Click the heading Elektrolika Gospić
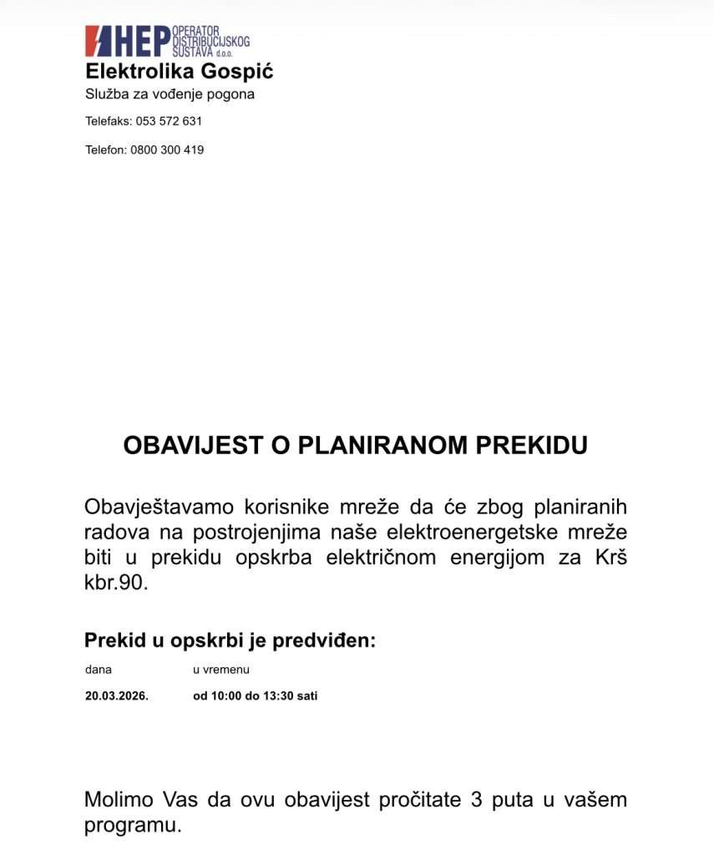point(179,72)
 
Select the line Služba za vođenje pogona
point(170,94)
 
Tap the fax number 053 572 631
point(169,121)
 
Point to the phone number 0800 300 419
point(167,150)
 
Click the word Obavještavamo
point(158,508)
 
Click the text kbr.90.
point(116,583)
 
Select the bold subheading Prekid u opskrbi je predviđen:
point(230,640)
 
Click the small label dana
point(98,670)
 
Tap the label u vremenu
point(221,670)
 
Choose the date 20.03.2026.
point(116,696)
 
